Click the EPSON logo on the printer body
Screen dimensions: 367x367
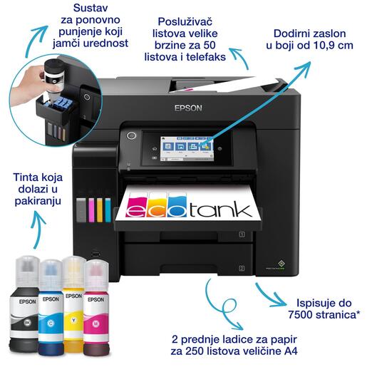(188, 109)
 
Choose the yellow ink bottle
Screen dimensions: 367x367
(73, 306)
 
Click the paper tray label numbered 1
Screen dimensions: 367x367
(242, 233)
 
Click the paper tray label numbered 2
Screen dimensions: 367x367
(242, 268)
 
